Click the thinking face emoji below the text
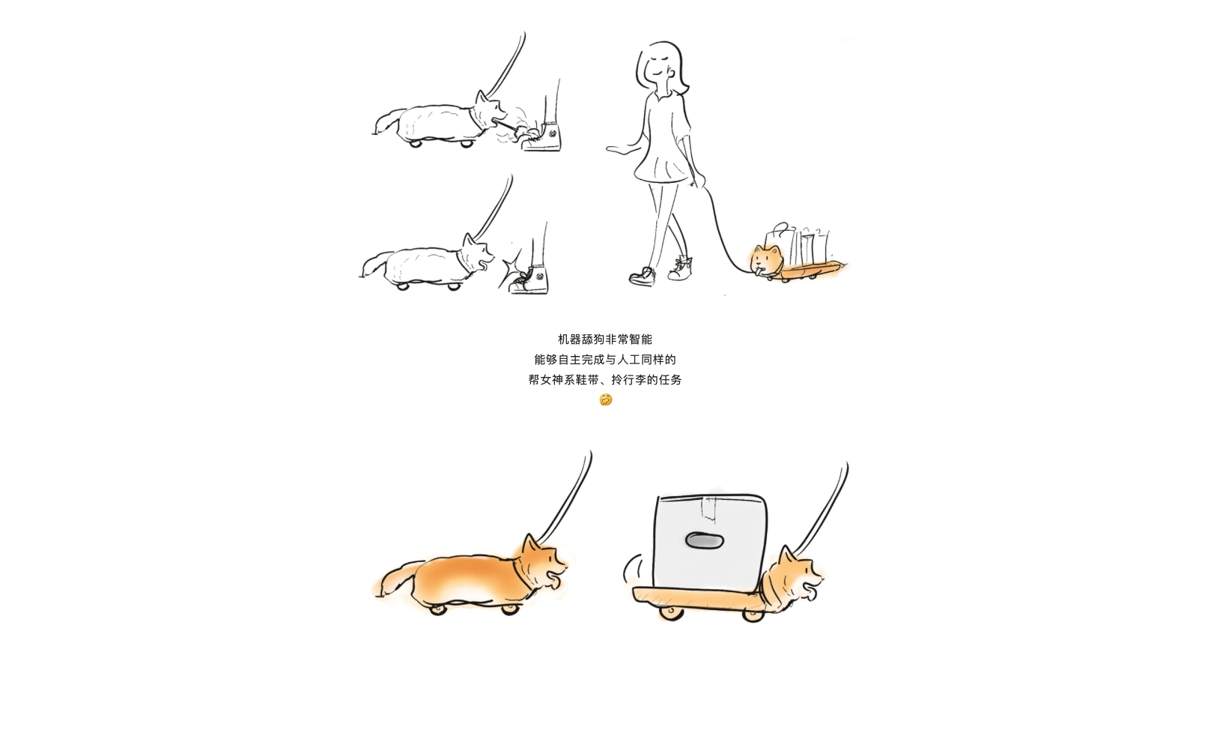(x=606, y=399)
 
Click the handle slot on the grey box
(x=705, y=540)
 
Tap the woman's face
(x=660, y=64)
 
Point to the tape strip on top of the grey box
(x=708, y=508)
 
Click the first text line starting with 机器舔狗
(x=605, y=340)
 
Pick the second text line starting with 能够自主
(x=605, y=360)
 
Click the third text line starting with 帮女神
(x=605, y=380)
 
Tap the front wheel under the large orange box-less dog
(x=510, y=609)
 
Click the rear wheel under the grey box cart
(x=671, y=613)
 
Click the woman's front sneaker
(x=643, y=277)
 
